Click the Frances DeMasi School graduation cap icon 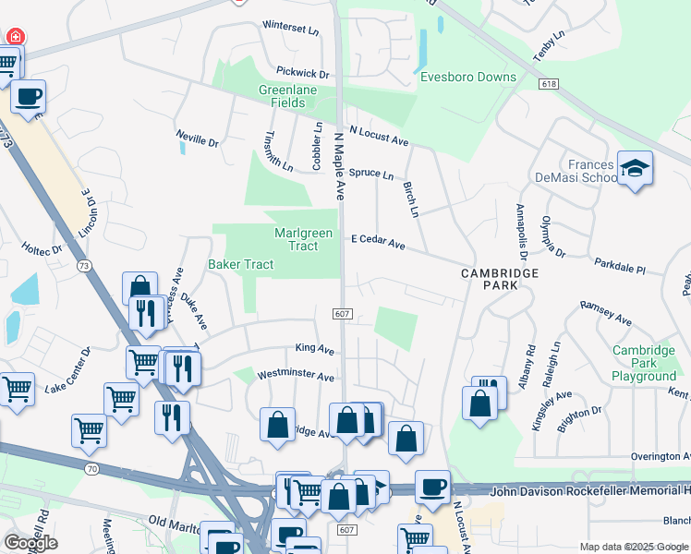pyautogui.click(x=635, y=167)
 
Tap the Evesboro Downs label pyautogui.click(x=468, y=78)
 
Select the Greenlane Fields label pyautogui.click(x=282, y=96)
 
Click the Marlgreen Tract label pyautogui.click(x=303, y=239)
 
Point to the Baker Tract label pyautogui.click(x=240, y=265)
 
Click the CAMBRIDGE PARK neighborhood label pyautogui.click(x=500, y=280)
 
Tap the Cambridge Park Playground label pyautogui.click(x=644, y=364)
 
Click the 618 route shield pyautogui.click(x=551, y=84)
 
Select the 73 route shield pyautogui.click(x=84, y=266)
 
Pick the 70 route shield pyautogui.click(x=90, y=468)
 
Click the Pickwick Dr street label pyautogui.click(x=302, y=72)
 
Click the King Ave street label pyautogui.click(x=314, y=349)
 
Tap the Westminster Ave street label pyautogui.click(x=295, y=377)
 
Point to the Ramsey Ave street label pyautogui.click(x=605, y=312)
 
